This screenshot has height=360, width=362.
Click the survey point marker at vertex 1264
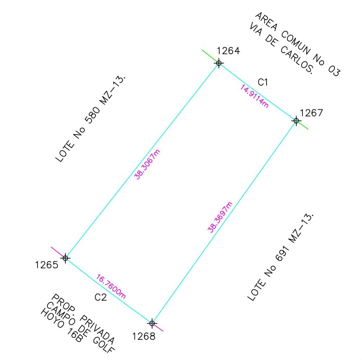click(x=219, y=63)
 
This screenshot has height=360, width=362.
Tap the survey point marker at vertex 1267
click(x=296, y=121)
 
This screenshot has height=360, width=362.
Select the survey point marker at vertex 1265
click(x=65, y=258)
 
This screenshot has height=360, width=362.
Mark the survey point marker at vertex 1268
click(x=152, y=323)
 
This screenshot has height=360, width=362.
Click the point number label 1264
click(x=228, y=51)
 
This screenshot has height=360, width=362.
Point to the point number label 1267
click(x=311, y=113)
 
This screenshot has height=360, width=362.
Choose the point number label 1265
click(x=47, y=265)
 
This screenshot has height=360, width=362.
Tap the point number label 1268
click(x=144, y=336)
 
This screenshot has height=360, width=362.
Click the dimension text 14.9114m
click(x=255, y=96)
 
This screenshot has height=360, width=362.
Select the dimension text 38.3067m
click(x=147, y=165)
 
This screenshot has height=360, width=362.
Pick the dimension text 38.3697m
click(x=220, y=217)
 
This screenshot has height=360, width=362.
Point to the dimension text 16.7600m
click(x=111, y=287)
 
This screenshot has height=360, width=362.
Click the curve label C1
click(x=263, y=82)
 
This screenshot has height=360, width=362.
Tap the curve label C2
click(x=101, y=297)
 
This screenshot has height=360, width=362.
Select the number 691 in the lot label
click(x=282, y=253)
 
